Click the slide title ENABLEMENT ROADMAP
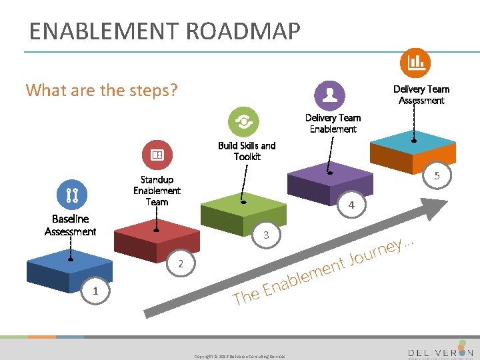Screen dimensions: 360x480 pos(165,31)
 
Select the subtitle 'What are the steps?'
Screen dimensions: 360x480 pos(101,89)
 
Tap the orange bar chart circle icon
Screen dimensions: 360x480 pos(415,63)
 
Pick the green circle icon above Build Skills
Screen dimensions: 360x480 pos(243,122)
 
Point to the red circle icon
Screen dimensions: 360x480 pos(157,155)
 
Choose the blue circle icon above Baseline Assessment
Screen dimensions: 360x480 pos(72,195)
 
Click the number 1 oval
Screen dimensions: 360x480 pos(95,291)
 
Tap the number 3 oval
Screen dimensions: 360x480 pos(266,235)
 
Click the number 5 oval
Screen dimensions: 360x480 pos(437,177)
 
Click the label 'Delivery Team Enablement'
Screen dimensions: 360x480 pos(333,123)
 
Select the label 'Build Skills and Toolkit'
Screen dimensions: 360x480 pos(247,151)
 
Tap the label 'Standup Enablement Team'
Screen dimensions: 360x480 pos(157,190)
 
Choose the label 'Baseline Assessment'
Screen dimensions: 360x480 pos(71,225)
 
